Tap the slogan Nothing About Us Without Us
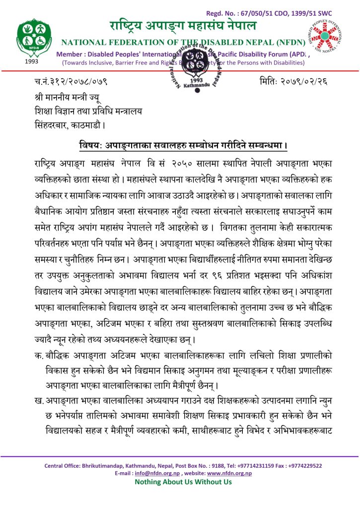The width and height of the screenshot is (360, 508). click(183, 482)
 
